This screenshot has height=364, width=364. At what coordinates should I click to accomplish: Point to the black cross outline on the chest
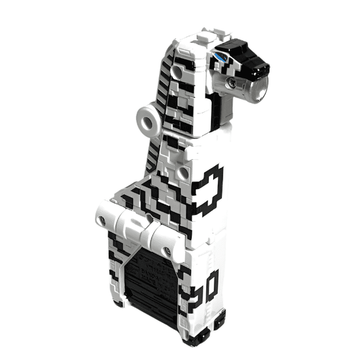[209, 188]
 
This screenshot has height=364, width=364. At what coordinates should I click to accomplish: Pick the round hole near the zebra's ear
[177, 71]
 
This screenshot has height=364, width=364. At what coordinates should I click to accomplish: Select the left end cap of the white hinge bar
[104, 218]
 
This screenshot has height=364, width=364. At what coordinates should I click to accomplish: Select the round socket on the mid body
[183, 173]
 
